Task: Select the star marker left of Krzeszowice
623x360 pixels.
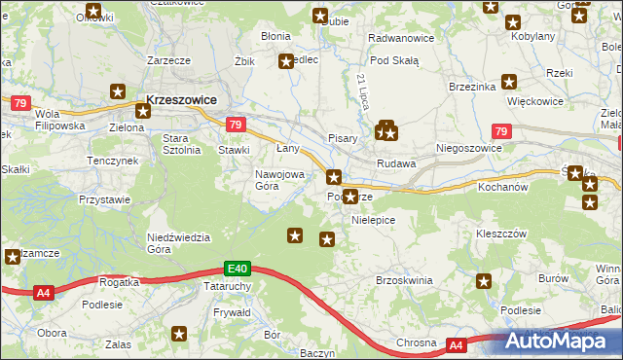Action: (x=118, y=92)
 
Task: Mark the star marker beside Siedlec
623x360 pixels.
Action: (x=286, y=61)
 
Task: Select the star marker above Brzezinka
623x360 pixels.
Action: (x=507, y=83)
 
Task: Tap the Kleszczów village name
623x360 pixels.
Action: (x=501, y=234)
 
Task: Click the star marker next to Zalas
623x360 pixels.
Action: (x=179, y=334)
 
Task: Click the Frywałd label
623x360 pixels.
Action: (x=232, y=312)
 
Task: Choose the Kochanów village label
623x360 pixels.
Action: (x=502, y=185)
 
